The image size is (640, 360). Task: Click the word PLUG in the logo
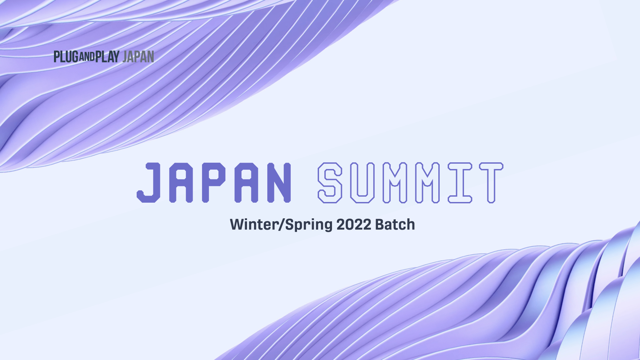tap(66, 57)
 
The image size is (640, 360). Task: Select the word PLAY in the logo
tap(107, 57)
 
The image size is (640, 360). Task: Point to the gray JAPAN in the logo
tap(138, 57)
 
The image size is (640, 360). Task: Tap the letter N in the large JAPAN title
tap(279, 183)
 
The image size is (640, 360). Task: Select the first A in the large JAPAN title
tap(181, 183)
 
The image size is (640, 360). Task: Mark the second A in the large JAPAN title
tap(247, 183)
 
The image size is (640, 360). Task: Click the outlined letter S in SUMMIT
tap(330, 183)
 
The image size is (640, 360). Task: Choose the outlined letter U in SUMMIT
tap(362, 183)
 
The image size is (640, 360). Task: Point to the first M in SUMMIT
tap(395, 183)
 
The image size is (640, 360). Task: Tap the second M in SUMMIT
tap(428, 183)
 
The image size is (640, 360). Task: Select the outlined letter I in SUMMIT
tap(460, 183)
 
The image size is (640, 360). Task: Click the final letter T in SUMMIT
tap(491, 183)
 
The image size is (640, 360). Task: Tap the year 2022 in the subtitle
tap(354, 224)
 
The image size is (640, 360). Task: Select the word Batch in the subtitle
tap(395, 224)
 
